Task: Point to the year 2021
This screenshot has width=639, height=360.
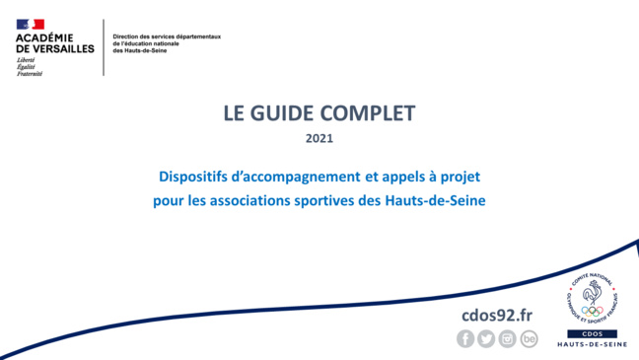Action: (319, 139)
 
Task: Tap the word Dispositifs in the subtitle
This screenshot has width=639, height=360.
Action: (193, 178)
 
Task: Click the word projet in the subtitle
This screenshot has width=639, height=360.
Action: (460, 178)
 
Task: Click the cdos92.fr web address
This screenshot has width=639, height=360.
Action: (497, 314)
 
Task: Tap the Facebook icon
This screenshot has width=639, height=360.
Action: (465, 338)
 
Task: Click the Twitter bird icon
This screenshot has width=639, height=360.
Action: (486, 338)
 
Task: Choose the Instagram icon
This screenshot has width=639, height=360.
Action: (508, 338)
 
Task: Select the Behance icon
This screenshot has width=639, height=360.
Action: (530, 338)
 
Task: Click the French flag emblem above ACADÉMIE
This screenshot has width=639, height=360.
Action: (31, 24)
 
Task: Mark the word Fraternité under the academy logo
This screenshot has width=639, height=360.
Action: (30, 72)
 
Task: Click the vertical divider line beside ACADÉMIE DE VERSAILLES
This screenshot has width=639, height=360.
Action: (105, 46)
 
